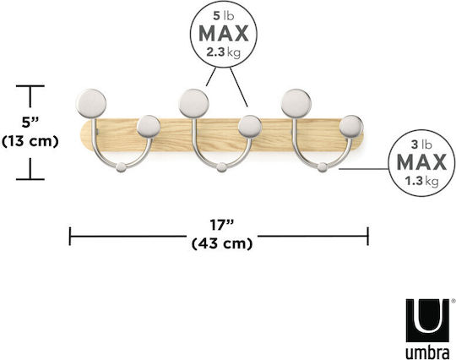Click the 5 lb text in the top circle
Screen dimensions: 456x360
223,16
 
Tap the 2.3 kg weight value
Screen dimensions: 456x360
223,52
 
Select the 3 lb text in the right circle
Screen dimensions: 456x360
421,145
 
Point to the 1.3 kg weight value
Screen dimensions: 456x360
421,181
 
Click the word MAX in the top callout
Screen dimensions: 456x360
223,33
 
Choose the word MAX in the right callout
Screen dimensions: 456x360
421,162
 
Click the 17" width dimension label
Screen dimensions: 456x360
222,225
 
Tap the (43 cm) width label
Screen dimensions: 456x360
222,243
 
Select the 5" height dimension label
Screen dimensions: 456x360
30,122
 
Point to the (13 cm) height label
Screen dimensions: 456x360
30,141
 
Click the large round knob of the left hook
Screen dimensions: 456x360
91,104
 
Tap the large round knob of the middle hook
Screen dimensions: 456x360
193,104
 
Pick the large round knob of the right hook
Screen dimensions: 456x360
296,104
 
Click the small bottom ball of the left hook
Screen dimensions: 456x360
121,167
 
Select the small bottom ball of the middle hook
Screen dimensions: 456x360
222,167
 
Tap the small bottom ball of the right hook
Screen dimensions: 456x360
322,167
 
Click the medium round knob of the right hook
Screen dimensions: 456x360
351,127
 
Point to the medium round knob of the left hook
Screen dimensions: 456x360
149,127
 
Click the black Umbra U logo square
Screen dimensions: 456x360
427,320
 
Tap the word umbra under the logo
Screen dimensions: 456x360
427,352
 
